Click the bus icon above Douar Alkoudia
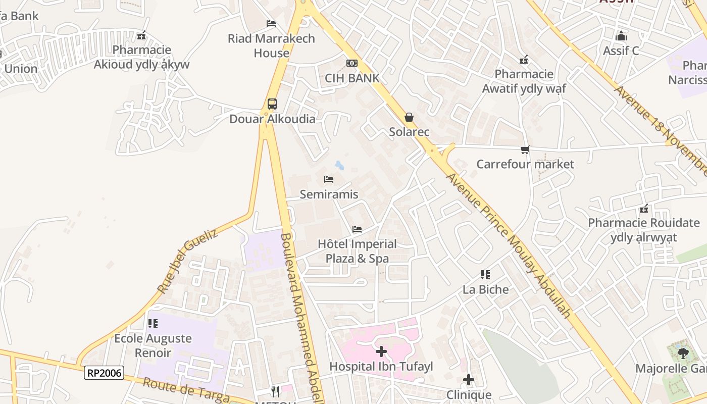(x=272, y=104)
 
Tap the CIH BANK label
(x=352, y=78)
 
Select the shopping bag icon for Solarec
(x=409, y=117)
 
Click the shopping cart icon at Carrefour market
(x=525, y=149)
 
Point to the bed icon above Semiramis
(x=329, y=179)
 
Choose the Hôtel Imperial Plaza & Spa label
(x=357, y=251)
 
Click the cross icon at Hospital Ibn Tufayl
(x=381, y=351)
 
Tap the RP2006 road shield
(x=104, y=373)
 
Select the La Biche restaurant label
(x=486, y=289)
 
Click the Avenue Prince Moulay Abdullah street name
(x=509, y=245)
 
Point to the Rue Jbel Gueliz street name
(x=187, y=261)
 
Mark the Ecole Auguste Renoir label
(x=153, y=345)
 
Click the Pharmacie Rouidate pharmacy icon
(x=644, y=209)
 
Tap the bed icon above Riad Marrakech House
(x=271, y=24)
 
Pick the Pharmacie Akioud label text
(x=142, y=57)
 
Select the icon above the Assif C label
(x=621, y=36)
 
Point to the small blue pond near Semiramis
(x=339, y=165)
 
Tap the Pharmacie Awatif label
(x=524, y=81)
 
